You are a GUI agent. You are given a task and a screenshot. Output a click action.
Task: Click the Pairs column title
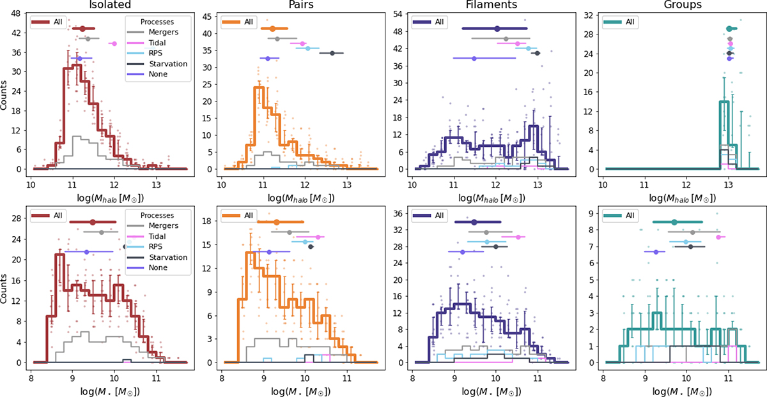pyautogui.click(x=300, y=6)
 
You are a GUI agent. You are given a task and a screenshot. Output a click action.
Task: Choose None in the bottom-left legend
pyautogui.click(x=151, y=267)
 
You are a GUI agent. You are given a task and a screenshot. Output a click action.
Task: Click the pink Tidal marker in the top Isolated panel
pyautogui.click(x=114, y=43)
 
